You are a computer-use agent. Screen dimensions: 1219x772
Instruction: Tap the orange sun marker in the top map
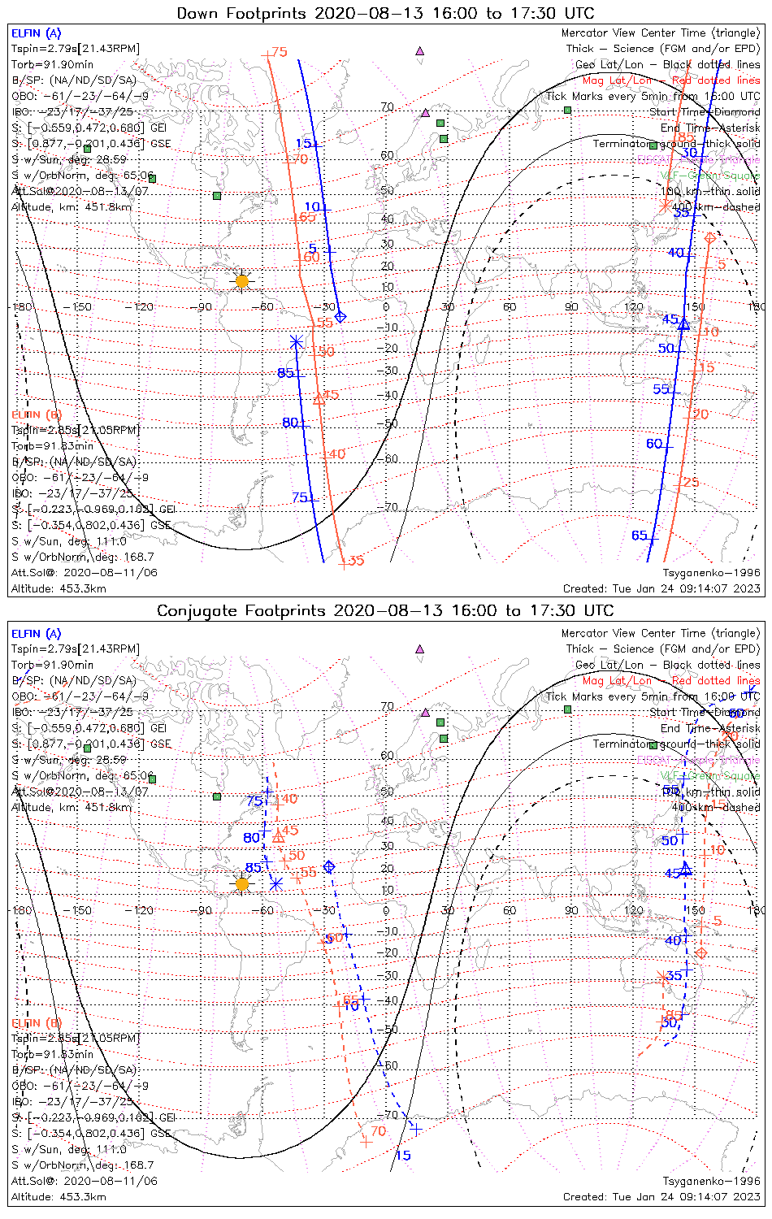241,281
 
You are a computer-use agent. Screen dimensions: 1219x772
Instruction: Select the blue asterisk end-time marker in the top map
297,342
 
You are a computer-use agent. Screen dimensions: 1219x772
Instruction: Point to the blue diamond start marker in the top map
340,316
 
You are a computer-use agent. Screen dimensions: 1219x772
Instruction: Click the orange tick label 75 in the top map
280,52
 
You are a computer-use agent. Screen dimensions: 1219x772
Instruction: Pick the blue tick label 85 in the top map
285,373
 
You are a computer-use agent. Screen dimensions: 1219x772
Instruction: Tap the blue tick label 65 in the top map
640,535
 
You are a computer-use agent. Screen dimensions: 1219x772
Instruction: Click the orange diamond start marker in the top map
709,238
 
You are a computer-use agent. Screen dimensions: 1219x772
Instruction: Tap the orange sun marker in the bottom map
241,883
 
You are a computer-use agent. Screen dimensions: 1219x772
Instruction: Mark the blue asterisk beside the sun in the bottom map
276,883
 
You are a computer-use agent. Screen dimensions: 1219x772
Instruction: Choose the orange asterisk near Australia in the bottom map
663,976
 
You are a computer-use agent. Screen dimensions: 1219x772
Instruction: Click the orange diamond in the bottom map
702,952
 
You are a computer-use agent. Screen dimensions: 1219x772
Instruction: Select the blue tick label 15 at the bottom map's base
403,1155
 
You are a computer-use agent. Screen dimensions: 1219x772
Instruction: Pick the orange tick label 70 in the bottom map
378,1130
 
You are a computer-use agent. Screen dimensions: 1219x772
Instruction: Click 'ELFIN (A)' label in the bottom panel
37,634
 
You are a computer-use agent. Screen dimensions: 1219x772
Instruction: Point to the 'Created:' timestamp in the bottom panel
661,1196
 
